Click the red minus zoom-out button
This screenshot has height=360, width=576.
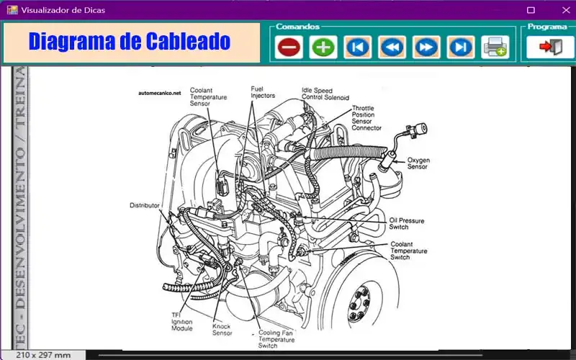point(289,48)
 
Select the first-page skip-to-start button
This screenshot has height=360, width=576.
point(357,48)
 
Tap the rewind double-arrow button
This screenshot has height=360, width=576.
point(392,48)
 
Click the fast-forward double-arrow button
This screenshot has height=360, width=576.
point(426,48)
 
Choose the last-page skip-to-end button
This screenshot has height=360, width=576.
point(459,48)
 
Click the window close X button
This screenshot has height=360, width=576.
point(562,10)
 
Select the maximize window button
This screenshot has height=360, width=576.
point(531,10)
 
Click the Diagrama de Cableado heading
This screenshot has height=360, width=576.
point(130,42)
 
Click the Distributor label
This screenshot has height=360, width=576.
point(144,205)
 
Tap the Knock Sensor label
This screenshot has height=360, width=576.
point(222,329)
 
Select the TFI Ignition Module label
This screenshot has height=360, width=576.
point(181,322)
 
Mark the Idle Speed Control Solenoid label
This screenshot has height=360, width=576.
point(325,94)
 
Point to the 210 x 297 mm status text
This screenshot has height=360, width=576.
point(42,355)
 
